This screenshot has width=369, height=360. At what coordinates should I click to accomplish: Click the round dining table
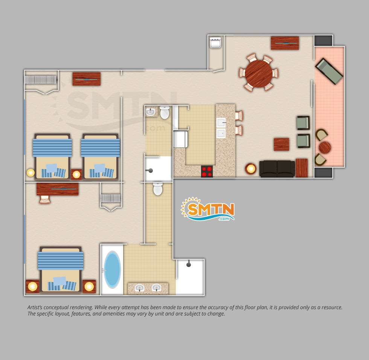(258, 74)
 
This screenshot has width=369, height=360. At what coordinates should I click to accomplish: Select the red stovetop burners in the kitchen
(207, 171)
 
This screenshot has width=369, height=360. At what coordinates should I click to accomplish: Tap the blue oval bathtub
(112, 270)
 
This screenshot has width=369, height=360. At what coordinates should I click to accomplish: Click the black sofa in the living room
(277, 169)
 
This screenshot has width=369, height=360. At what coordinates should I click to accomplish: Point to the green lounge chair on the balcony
(329, 71)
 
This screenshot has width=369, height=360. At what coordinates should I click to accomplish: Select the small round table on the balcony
(325, 147)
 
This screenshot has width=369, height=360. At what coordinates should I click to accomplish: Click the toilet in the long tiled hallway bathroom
(158, 189)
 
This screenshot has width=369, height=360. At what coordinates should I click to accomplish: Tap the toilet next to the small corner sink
(165, 113)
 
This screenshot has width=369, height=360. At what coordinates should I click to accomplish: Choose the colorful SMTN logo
(207, 209)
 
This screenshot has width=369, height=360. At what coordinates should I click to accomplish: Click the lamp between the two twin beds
(76, 175)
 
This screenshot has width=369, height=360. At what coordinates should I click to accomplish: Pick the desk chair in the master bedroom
(45, 199)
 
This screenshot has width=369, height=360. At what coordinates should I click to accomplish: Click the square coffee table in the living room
(282, 144)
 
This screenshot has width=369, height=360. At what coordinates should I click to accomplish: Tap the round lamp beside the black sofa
(251, 169)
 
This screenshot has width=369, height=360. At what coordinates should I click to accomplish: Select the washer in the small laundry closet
(215, 43)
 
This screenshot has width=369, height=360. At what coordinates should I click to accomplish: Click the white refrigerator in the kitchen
(180, 139)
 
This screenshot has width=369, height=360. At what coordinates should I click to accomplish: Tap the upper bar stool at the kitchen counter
(239, 116)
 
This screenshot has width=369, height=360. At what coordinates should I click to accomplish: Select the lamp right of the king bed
(89, 286)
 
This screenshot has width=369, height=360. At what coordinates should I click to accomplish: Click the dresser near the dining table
(285, 43)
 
